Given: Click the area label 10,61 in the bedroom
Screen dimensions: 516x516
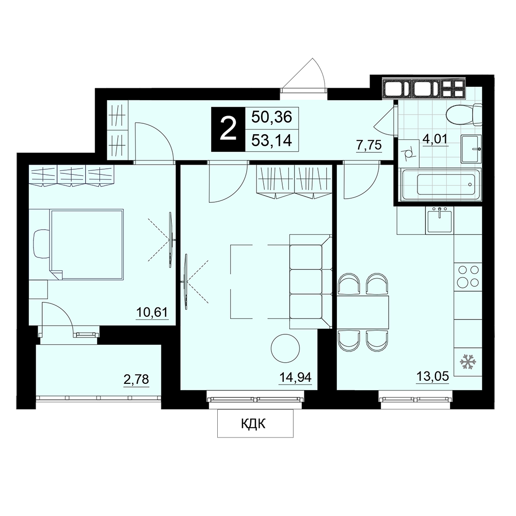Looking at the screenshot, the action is pos(152,312).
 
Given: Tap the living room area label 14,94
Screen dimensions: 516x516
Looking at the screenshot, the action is pos(295,377).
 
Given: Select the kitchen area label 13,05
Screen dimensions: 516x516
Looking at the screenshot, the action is pos(433,376).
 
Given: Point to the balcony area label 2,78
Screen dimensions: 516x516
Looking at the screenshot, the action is pos(136,379).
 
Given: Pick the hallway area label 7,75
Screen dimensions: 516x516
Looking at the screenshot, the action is pos(369,145).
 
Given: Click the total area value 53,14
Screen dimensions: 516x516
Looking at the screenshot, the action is pos(272,141).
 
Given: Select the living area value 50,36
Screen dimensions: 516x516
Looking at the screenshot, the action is pos(272,117).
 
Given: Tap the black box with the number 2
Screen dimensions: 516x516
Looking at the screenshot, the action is pos(228,130).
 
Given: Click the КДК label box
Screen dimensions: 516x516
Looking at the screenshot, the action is pos(255,424).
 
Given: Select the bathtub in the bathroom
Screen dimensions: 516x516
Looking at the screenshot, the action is pos(441,184).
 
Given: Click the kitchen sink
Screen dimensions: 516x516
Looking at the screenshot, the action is pos(439,220).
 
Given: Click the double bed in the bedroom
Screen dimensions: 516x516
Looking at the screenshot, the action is pos(87,244).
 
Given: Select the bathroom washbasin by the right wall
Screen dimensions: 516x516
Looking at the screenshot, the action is pos(471,149).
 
